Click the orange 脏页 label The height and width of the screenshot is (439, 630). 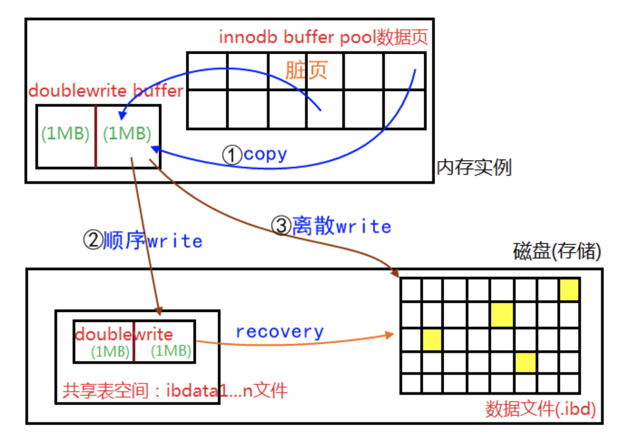[306, 70]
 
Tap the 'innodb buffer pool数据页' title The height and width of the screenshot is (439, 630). [323, 37]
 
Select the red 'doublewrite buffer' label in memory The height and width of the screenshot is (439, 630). [106, 91]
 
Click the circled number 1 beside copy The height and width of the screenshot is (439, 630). [232, 155]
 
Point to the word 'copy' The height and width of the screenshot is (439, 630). [265, 154]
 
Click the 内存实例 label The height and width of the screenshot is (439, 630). [474, 167]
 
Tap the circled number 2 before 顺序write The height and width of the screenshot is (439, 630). [93, 240]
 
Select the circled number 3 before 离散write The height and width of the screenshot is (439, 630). [281, 226]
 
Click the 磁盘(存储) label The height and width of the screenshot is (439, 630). [557, 251]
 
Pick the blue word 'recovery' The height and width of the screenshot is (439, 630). [279, 332]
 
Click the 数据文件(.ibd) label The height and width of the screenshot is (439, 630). [540, 409]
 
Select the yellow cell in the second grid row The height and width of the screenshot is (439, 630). [502, 315]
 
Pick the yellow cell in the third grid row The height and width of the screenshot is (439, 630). [432, 339]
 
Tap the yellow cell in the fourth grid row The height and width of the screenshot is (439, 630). [525, 363]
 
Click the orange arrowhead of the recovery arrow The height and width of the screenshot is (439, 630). [390, 335]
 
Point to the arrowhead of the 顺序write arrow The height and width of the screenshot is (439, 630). [159, 311]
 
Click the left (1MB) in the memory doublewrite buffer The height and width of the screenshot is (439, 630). [65, 134]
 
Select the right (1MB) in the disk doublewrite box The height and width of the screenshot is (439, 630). [171, 351]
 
